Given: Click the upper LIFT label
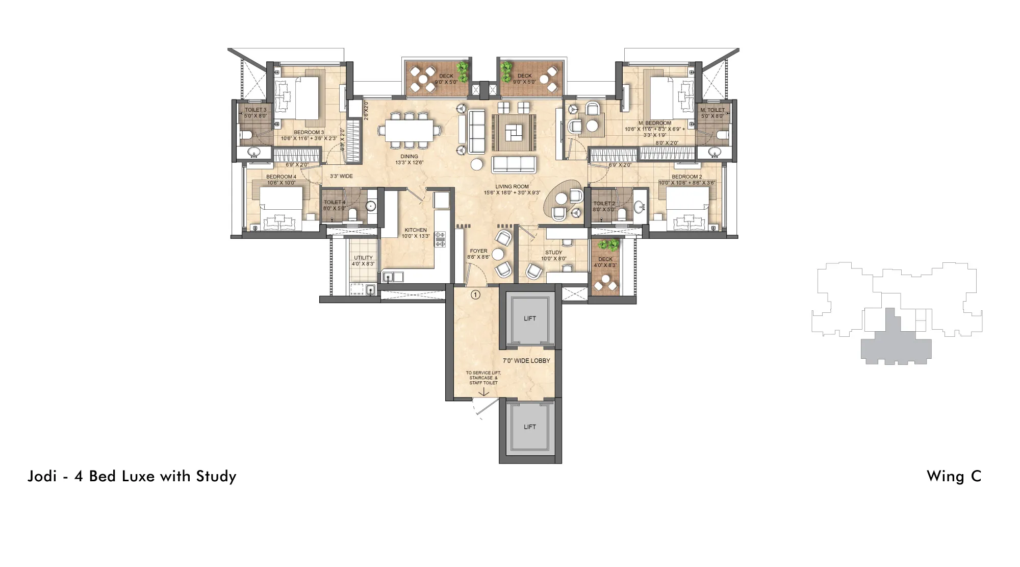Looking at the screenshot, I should click(530, 318).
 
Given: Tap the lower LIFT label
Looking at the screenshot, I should click(530, 427).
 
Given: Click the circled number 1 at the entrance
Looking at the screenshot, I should click(475, 294).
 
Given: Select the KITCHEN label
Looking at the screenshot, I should click(416, 230).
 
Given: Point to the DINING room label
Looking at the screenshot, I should click(409, 157).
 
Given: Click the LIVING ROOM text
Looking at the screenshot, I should click(512, 187).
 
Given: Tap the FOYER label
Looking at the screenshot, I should click(478, 251).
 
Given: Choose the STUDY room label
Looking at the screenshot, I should click(553, 253).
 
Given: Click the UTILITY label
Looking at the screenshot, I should click(363, 258).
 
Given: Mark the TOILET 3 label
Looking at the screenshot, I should click(256, 110).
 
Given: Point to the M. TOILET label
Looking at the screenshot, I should click(712, 110).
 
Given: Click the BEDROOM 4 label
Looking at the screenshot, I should click(281, 177).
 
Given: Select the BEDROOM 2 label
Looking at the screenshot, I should click(686, 177).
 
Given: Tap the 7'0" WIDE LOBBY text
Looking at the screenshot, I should click(526, 361).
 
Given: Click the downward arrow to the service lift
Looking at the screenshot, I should click(483, 392).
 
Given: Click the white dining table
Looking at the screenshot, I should click(409, 131).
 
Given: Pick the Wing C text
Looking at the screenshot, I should click(954, 476).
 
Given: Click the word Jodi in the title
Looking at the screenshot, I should click(42, 476).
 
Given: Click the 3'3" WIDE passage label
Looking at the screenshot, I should click(341, 176).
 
